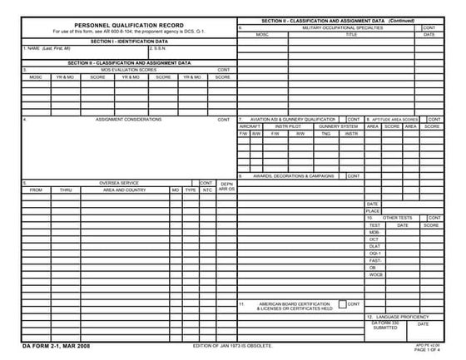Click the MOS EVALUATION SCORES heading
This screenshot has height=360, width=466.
click(x=129, y=70)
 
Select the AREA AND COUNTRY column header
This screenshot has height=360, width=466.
click(x=125, y=190)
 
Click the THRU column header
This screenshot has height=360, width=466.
click(x=66, y=190)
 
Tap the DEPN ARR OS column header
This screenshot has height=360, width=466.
click(x=226, y=186)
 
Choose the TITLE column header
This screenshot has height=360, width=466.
click(x=350, y=35)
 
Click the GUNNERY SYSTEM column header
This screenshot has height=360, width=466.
click(x=338, y=126)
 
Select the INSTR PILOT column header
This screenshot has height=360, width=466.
click(x=287, y=126)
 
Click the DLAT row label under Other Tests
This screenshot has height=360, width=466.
click(x=374, y=246)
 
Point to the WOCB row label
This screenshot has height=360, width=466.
click(x=375, y=274)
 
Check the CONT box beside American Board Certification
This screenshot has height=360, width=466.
click(x=342, y=304)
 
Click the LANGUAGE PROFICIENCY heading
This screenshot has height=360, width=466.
click(x=404, y=317)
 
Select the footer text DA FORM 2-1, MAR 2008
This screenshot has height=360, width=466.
click(x=56, y=345)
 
